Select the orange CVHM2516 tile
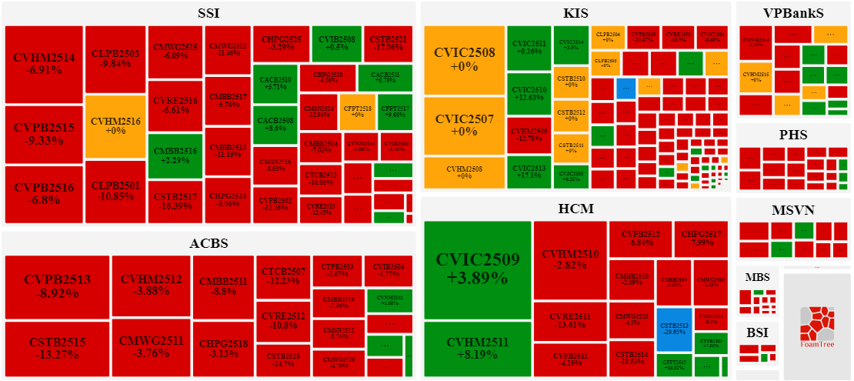pyautogui.click(x=115, y=126)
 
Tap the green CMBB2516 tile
pyautogui.click(x=175, y=155)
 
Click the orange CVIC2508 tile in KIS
pyautogui.click(x=464, y=60)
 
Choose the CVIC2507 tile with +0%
pyautogui.click(x=464, y=125)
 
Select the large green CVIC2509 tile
pyautogui.click(x=478, y=269)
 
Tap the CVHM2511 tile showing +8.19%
pyautogui.click(x=478, y=351)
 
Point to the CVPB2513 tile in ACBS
pyautogui.click(x=57, y=286)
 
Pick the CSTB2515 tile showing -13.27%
pyautogui.click(x=57, y=349)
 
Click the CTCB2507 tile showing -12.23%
pyautogui.click(x=283, y=276)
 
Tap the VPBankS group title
pyautogui.click(x=793, y=13)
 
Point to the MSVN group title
pyautogui.click(x=793, y=210)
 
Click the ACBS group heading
pyautogui.click(x=208, y=243)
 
